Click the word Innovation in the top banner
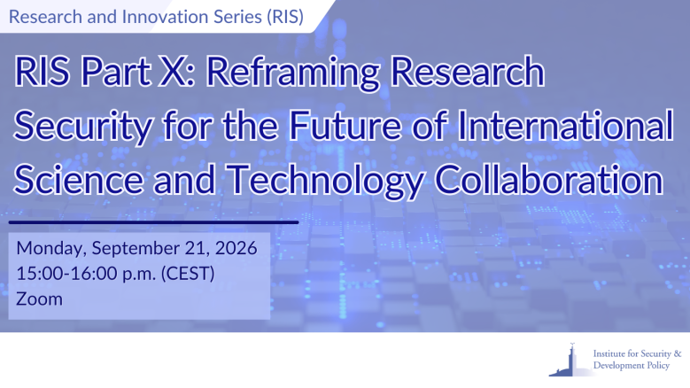tap(165, 17)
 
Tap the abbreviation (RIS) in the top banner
tap(285, 17)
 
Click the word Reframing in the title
tap(293, 74)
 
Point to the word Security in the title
tap(83, 128)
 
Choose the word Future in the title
tap(345, 126)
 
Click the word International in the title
tap(565, 126)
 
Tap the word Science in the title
tap(79, 180)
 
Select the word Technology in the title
tap(326, 182)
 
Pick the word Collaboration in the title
tap(549, 180)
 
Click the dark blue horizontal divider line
tap(153, 222)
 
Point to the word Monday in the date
tap(51, 249)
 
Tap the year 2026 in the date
tap(236, 249)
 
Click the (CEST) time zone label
tap(188, 274)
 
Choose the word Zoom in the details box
tap(39, 299)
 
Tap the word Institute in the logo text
tap(609, 353)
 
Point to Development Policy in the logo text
tap(632, 366)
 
